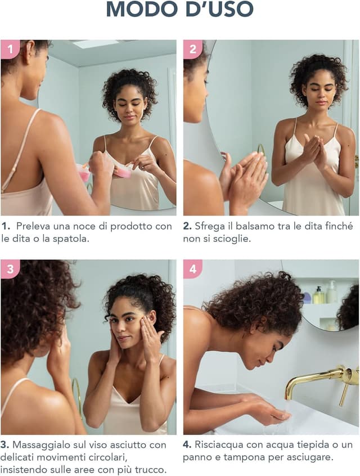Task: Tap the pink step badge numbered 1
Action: pyautogui.click(x=10, y=49)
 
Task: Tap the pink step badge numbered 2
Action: pyautogui.click(x=192, y=49)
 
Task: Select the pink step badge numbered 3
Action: pyautogui.click(x=10, y=268)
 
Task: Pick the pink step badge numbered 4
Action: pyautogui.click(x=192, y=268)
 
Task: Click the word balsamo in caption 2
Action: pyautogui.click(x=245, y=226)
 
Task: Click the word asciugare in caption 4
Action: pyautogui.click(x=309, y=457)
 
